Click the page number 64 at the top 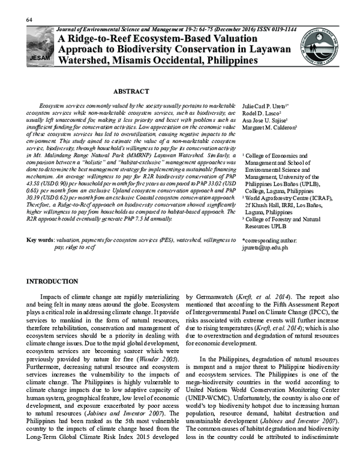[29, 21]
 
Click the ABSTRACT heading [131, 91]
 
